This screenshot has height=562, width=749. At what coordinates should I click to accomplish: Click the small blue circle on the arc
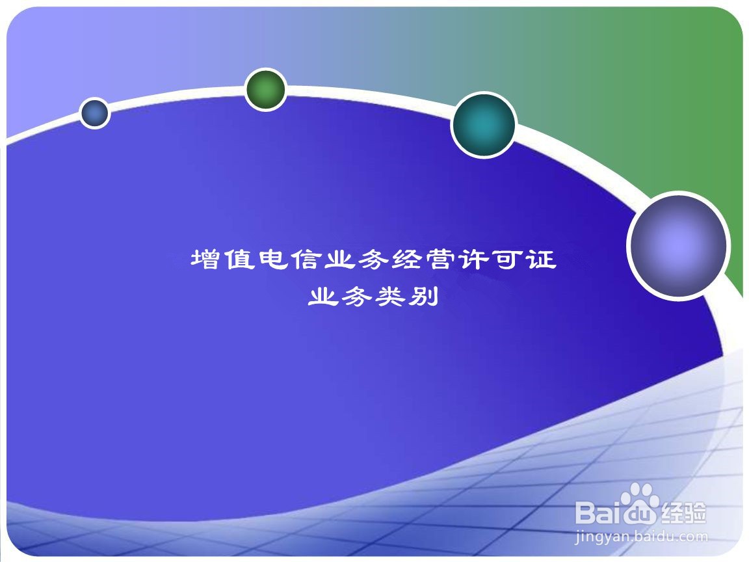click(x=94, y=113)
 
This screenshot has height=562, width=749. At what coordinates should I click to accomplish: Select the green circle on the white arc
click(x=265, y=89)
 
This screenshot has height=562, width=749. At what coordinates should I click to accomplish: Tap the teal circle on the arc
click(x=484, y=124)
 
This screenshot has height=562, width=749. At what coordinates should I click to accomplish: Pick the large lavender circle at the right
click(x=678, y=246)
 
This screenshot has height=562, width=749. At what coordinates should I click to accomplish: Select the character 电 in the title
click(x=273, y=260)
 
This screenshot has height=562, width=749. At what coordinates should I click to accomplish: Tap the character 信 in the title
click(x=306, y=260)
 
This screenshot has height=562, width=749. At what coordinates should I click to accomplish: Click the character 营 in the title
click(x=440, y=260)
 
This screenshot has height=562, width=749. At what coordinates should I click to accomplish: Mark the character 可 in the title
click(x=507, y=260)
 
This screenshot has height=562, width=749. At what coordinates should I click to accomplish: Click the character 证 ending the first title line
click(x=541, y=260)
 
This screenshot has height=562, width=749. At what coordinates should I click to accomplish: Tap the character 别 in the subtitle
click(x=423, y=297)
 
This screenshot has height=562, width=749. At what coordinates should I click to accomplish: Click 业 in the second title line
click(x=323, y=297)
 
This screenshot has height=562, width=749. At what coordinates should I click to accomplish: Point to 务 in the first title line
click(x=373, y=260)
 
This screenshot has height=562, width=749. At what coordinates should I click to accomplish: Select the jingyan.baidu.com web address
click(x=641, y=537)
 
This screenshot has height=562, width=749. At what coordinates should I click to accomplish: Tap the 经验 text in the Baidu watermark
click(x=683, y=513)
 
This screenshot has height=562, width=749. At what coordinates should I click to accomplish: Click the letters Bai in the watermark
click(x=599, y=512)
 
